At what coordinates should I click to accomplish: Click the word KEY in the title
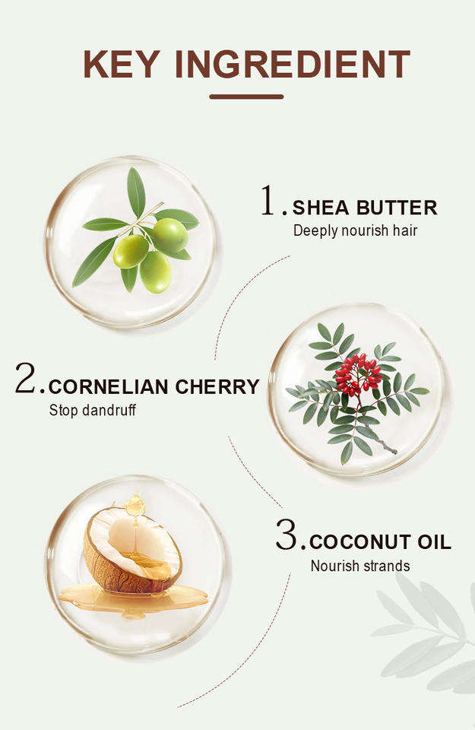click(122, 64)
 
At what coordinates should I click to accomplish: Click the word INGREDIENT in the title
click(293, 64)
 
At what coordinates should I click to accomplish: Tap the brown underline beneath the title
click(246, 97)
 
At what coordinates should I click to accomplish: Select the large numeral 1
click(268, 200)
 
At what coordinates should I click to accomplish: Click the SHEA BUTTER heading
click(365, 208)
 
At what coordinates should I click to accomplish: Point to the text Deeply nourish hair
click(356, 231)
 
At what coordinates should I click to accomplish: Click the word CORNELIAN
click(109, 387)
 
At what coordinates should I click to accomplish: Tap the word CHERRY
click(217, 387)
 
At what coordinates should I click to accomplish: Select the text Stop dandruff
click(93, 411)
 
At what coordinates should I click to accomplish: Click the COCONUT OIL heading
click(380, 542)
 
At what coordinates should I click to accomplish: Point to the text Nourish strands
click(360, 566)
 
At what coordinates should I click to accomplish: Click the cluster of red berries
click(358, 374)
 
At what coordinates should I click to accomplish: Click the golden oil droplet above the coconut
click(135, 505)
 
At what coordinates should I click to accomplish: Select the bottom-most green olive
click(155, 272)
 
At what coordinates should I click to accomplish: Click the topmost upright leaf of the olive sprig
click(136, 192)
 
